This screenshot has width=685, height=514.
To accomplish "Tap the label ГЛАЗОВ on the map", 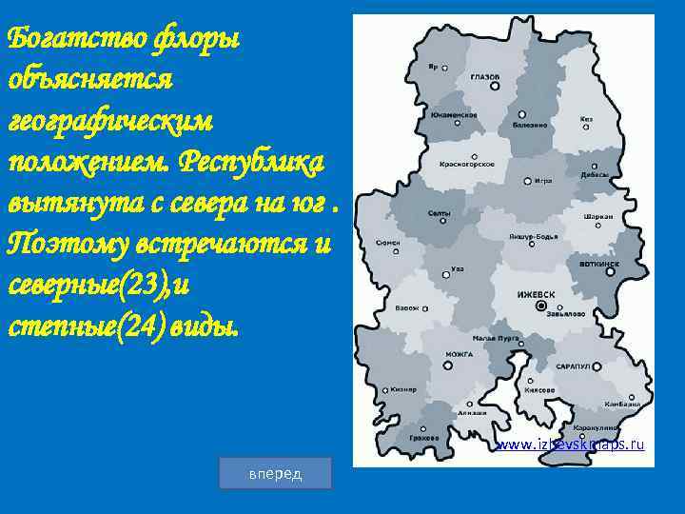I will (485, 75).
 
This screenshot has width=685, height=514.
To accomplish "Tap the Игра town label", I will (543, 180).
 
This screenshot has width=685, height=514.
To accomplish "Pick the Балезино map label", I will (529, 124).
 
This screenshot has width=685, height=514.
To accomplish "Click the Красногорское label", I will (466, 164).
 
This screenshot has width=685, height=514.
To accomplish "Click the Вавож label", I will (407, 307).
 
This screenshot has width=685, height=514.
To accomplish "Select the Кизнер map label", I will (402, 389).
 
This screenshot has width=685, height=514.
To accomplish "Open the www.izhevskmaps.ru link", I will (570, 445).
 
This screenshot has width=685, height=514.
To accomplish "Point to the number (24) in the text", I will (112, 325).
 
